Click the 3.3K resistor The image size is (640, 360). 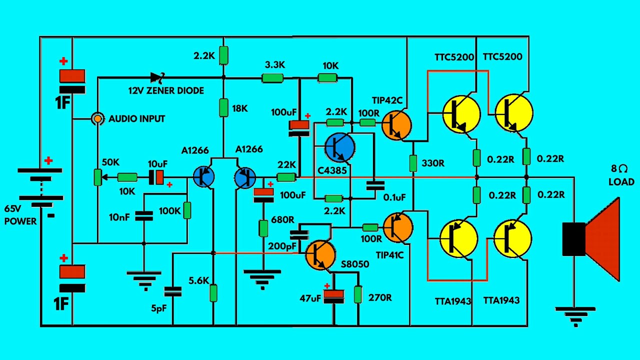(x=272, y=78)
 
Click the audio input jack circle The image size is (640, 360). (x=97, y=119)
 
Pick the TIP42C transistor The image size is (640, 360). (x=396, y=125)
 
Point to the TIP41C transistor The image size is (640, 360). (x=398, y=227)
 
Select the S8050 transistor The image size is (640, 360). (x=320, y=254)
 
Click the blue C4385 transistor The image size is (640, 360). (x=340, y=147)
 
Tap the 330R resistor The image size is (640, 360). (x=413, y=163)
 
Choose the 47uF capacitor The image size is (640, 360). (x=334, y=296)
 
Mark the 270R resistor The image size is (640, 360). (x=358, y=294)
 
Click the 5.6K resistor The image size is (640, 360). (x=213, y=292)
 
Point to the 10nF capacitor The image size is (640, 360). (x=144, y=215)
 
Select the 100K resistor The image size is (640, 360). (x=187, y=210)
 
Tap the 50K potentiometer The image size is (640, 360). (x=98, y=177)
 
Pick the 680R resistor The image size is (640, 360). (x=263, y=228)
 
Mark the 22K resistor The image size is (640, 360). (x=286, y=177)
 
